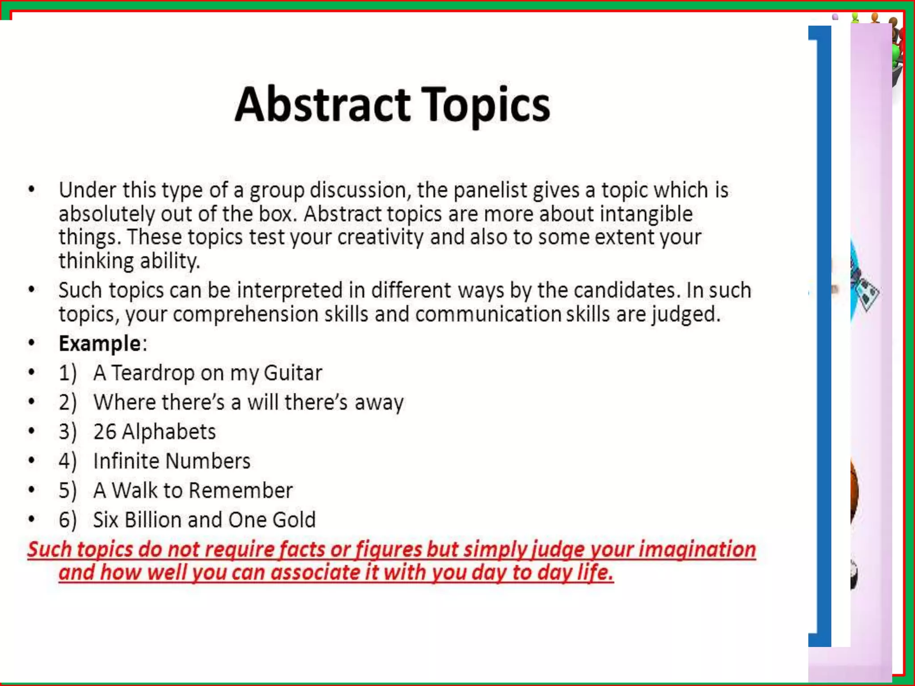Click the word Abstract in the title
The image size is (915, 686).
[x=323, y=105]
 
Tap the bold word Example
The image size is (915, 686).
[x=100, y=343]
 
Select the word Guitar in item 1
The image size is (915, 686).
[x=293, y=373]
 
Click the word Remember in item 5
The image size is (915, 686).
[x=240, y=490]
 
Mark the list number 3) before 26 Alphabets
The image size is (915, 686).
[x=67, y=431]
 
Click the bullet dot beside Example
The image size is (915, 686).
[x=31, y=343]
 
